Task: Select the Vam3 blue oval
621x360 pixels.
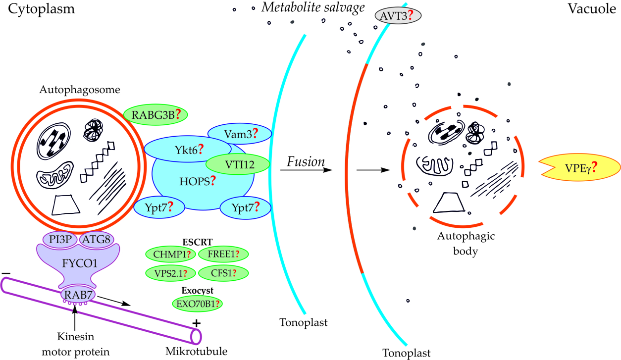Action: [240, 133]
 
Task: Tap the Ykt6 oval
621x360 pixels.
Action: [187, 149]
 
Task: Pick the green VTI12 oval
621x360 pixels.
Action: [237, 165]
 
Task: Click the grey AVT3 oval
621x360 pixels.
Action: [398, 16]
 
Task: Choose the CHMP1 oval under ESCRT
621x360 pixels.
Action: [169, 254]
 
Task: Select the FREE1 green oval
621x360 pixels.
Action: [223, 254]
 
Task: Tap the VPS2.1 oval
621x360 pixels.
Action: [169, 273]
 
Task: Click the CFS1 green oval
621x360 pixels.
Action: [223, 273]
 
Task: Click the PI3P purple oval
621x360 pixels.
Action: [59, 240]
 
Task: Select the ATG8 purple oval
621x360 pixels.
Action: [97, 240]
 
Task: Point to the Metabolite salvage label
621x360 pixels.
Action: [313, 7]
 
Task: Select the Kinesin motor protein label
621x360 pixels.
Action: [74, 345]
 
